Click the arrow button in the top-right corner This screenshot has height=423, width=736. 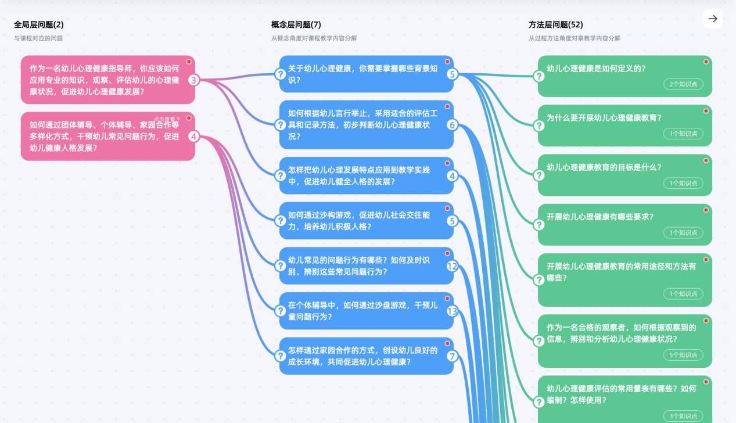[713, 19]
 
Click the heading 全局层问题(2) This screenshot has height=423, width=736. [39, 25]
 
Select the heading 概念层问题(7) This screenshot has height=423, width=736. [296, 25]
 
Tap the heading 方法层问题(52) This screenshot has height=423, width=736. [555, 25]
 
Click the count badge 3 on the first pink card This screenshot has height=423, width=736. [194, 80]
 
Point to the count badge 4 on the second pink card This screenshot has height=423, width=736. [194, 137]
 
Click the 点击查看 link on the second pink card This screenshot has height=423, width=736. [167, 119]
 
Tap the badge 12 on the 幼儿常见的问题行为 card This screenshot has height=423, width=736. [453, 267]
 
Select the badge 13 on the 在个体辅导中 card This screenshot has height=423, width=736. [453, 311]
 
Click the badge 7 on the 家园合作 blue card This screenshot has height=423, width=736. [453, 356]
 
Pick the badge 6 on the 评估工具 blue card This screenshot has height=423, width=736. [453, 125]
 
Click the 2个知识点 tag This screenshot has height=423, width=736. [683, 84]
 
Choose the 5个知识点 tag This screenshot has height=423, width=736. [683, 355]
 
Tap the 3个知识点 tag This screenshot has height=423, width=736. [683, 416]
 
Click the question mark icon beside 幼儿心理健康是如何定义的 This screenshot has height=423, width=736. [539, 76]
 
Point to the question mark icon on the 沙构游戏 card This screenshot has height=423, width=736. [281, 221]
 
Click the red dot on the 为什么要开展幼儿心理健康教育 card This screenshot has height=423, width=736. [706, 111]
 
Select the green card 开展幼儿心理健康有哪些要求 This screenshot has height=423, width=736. [624, 224]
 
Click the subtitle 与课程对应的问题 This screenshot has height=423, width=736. [38, 38]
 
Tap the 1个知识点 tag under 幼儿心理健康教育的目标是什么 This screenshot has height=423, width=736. [683, 183]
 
